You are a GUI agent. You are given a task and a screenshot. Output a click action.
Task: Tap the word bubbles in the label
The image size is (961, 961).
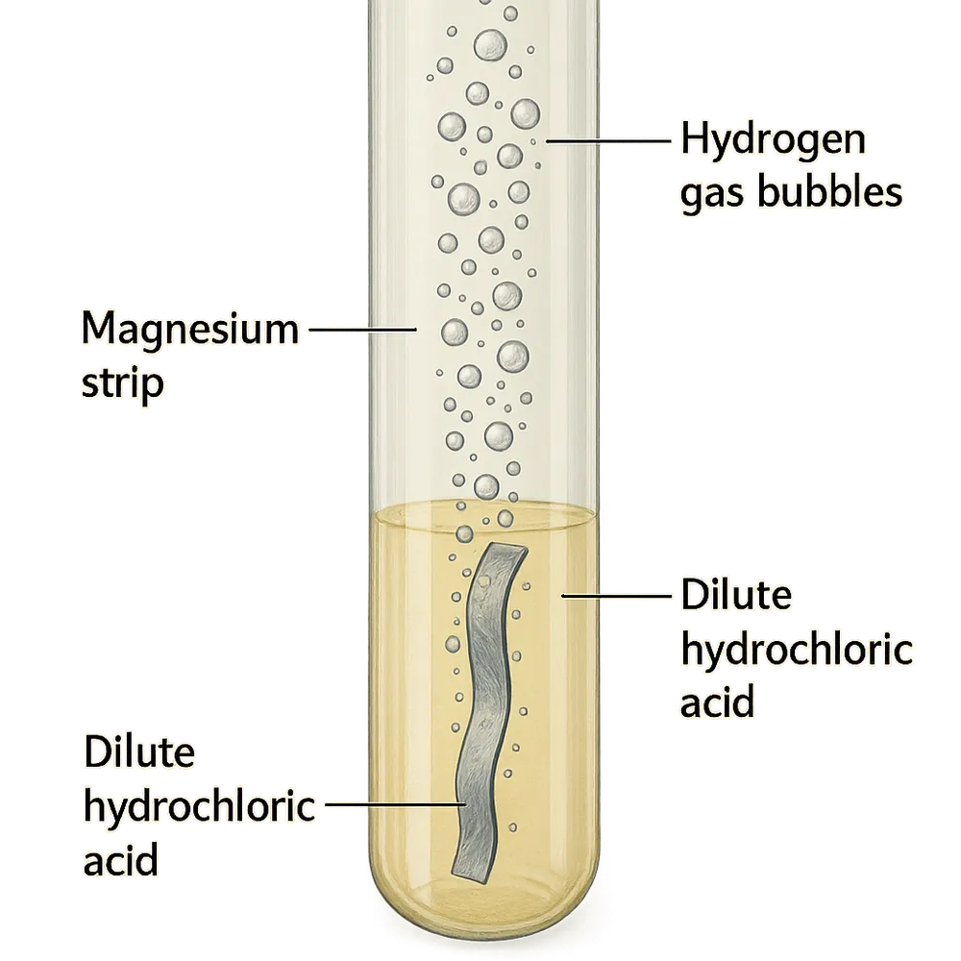[830, 192]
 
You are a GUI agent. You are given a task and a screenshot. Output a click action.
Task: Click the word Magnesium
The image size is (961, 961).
[190, 328]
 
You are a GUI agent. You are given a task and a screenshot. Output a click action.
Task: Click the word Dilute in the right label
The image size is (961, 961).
[736, 594]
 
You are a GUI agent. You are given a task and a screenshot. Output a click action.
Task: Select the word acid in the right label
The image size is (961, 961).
[717, 702]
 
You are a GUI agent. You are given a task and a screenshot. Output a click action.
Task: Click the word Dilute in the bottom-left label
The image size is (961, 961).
[139, 752]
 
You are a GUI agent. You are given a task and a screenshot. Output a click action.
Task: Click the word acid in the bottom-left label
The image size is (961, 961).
[121, 858]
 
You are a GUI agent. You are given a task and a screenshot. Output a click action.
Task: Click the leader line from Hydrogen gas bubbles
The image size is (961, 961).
[608, 141]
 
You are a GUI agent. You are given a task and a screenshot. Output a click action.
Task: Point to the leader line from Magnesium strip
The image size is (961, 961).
[363, 329]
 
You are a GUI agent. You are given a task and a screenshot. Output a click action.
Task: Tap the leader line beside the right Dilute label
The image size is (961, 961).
[617, 595]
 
